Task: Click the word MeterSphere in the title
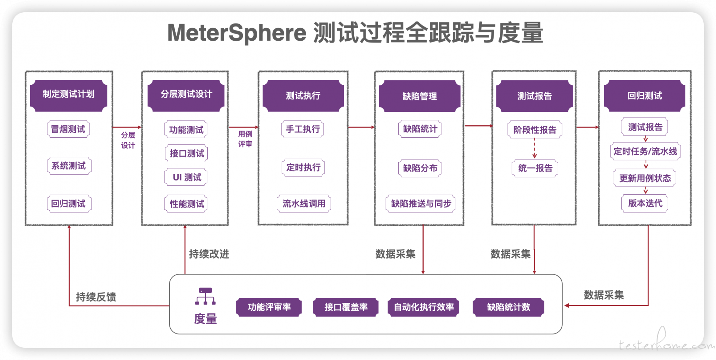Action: [237, 33]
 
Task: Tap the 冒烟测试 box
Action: [68, 129]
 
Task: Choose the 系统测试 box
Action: [69, 166]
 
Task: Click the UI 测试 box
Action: [186, 177]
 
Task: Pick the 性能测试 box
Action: [186, 204]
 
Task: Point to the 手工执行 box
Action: [302, 129]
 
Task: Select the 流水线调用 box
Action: [304, 204]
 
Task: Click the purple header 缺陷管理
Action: [420, 96]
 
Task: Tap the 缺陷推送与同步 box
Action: [421, 204]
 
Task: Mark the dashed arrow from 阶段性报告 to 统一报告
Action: [535, 148]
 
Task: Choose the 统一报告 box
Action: [535, 168]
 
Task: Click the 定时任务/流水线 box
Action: [646, 151]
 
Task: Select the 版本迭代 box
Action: [645, 203]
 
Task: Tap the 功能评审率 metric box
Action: [269, 307]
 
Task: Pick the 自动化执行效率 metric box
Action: [424, 307]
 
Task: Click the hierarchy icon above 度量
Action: [205, 296]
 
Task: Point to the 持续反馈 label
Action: [96, 297]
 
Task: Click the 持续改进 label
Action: [209, 254]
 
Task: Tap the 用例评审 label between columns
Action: [245, 139]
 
